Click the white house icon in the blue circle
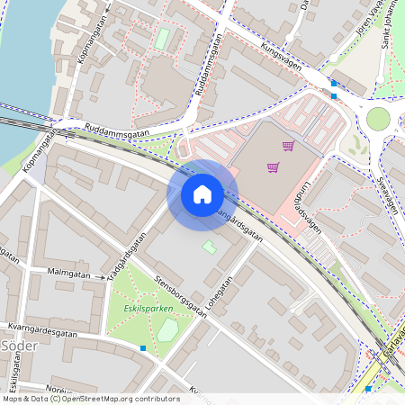(x=202, y=193)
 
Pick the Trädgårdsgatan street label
(x=127, y=257)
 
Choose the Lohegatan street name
(x=221, y=293)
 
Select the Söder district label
(x=17, y=346)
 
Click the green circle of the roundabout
(x=378, y=119)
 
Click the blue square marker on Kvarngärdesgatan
(x=142, y=347)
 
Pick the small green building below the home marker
(x=209, y=246)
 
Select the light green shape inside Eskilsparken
(x=167, y=330)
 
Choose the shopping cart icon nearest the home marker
(x=273, y=166)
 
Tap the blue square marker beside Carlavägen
(x=368, y=389)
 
